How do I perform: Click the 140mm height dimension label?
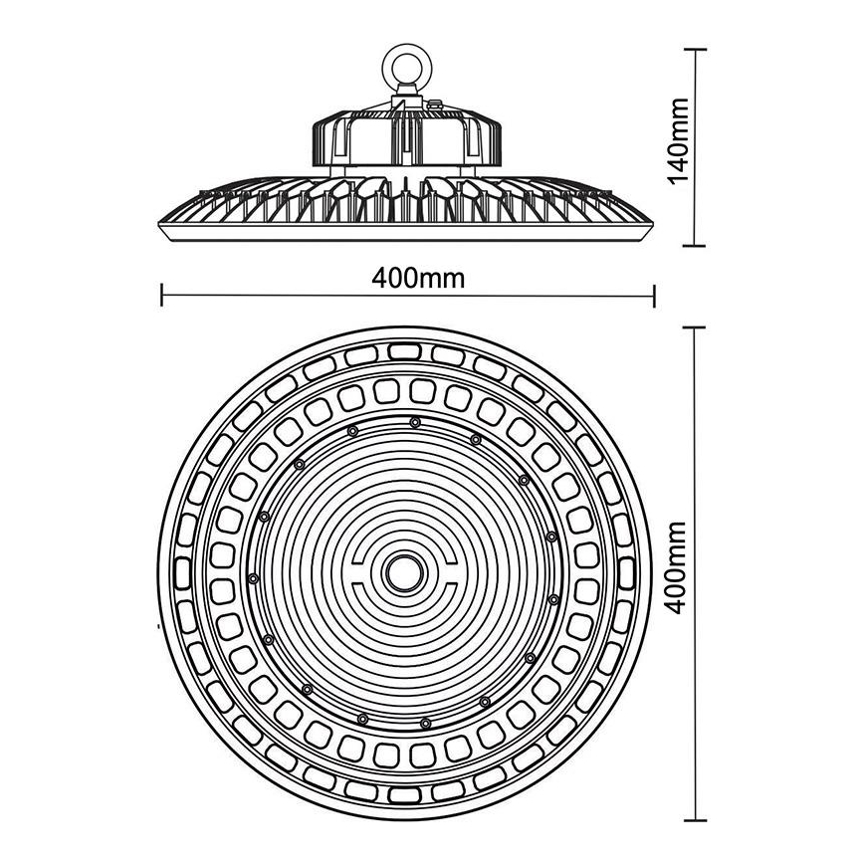point(679,146)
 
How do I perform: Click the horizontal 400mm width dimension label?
point(418,279)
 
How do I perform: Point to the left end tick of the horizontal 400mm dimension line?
point(161,293)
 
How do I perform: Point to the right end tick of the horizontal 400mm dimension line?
point(654,293)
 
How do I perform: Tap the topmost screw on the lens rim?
point(414,423)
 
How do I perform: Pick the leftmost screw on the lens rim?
point(254,578)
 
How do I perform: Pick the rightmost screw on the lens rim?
point(553,599)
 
